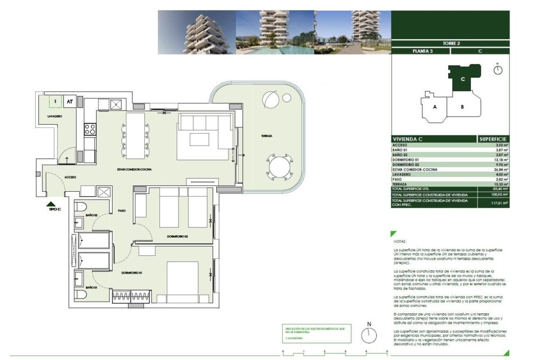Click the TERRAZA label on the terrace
[266, 136]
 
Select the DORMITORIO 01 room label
[131, 273]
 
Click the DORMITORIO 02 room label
[177, 236]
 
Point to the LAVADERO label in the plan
[55, 116]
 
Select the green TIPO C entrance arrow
[50, 203]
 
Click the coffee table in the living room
[200, 139]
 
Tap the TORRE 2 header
[450, 43]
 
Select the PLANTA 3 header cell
[420, 52]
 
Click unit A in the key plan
[435, 107]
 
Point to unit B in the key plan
[462, 107]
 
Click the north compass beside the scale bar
[369, 335]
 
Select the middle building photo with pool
[275, 32]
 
